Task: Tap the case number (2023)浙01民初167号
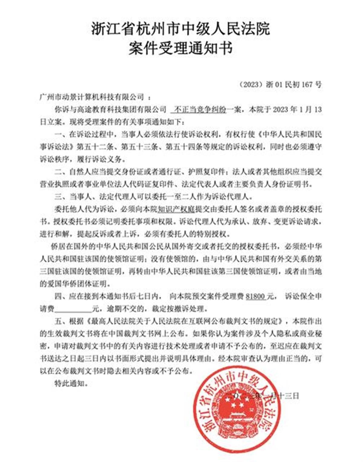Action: pos(280,84)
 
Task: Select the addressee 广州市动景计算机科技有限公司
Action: pos(92,97)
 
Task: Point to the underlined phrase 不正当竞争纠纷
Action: pos(200,109)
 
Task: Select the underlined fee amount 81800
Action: pos(256,297)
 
